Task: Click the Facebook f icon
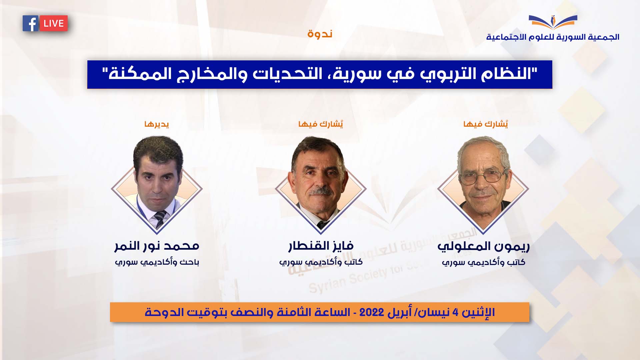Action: click(x=31, y=24)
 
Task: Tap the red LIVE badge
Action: click(x=54, y=24)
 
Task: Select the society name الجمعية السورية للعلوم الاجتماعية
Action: click(x=553, y=37)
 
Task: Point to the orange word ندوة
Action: click(x=320, y=34)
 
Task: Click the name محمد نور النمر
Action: click(x=157, y=246)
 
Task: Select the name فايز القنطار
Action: click(x=321, y=246)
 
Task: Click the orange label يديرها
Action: click(x=157, y=124)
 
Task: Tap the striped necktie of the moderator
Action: click(x=160, y=218)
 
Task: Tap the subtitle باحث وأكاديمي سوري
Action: click(x=157, y=262)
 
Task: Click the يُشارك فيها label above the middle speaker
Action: click(x=321, y=124)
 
